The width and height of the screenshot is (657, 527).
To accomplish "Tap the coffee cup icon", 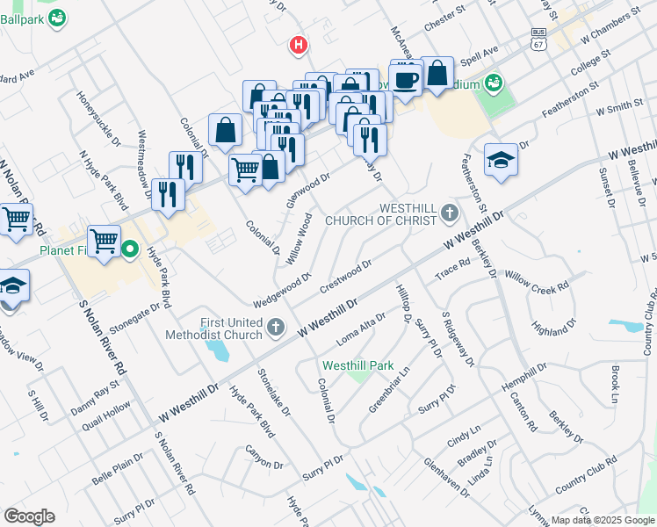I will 406,80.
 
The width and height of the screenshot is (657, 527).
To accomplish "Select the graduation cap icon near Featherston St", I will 500,160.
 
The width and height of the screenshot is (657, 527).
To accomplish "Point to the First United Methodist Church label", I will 214,328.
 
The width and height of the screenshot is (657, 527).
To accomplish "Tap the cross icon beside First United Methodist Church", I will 277,328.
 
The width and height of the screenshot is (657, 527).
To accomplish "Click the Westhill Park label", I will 358,365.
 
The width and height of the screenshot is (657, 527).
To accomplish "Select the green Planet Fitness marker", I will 130,249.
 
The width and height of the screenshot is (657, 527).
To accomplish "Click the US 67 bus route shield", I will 538,39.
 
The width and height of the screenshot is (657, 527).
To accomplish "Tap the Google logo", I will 29,516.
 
